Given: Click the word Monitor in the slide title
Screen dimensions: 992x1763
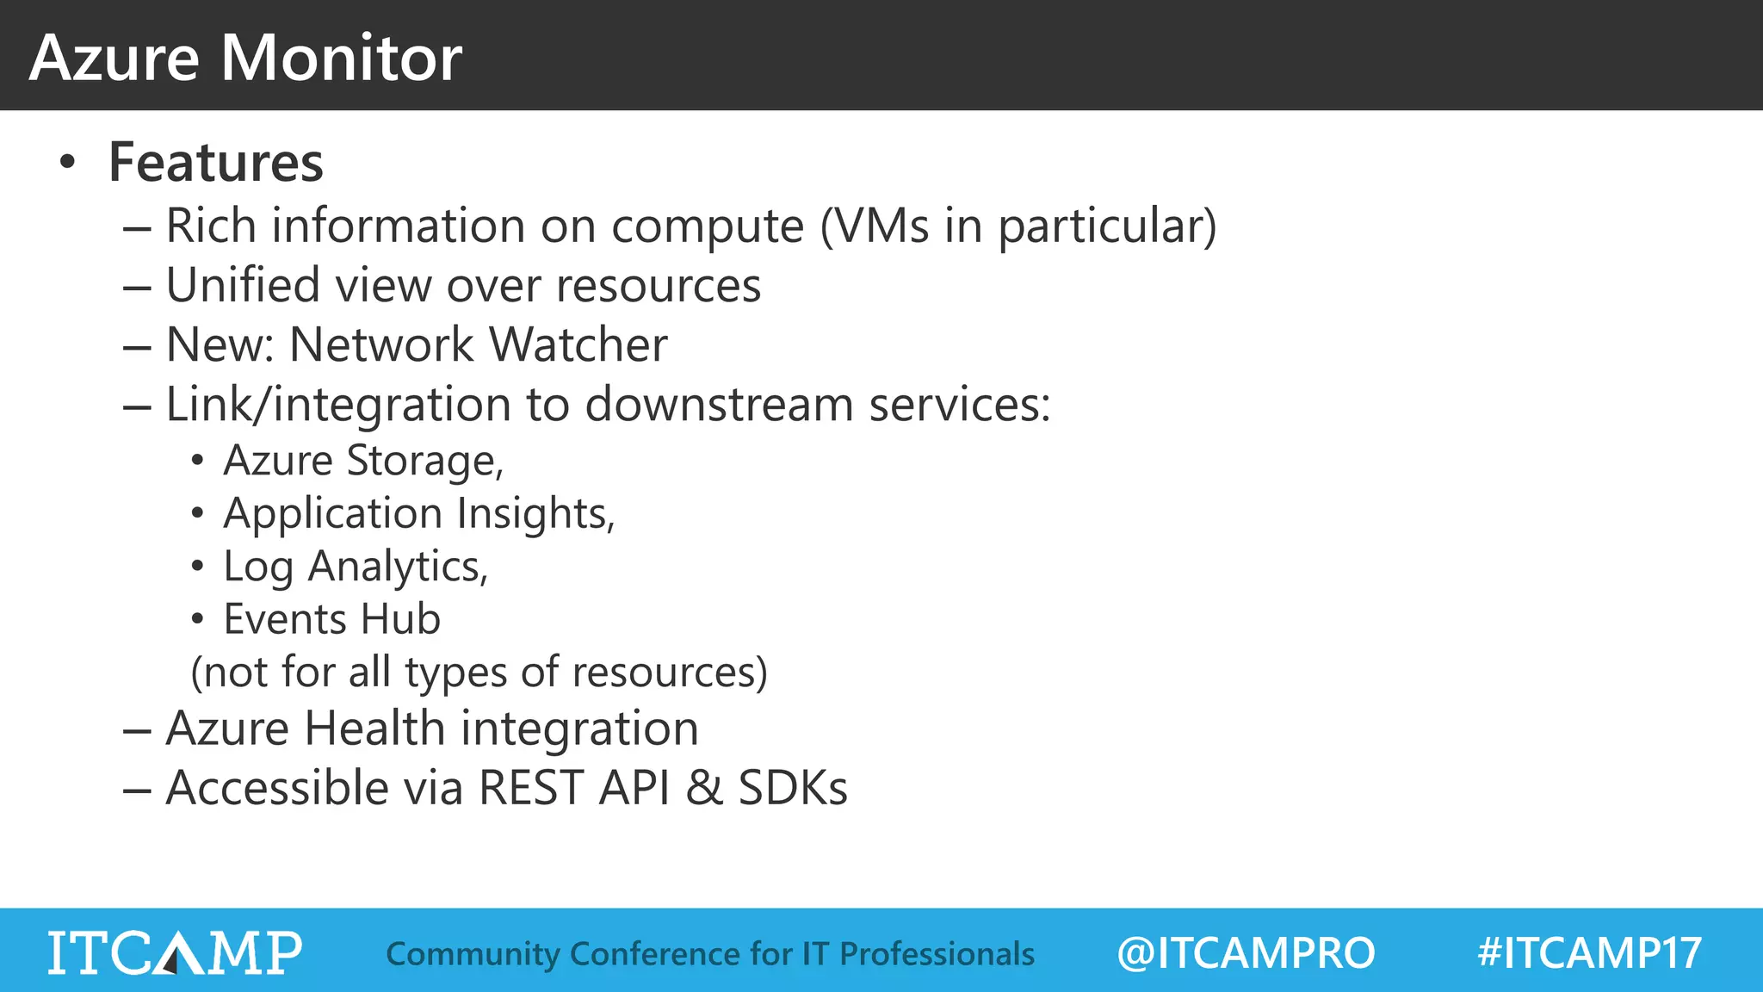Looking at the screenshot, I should [x=342, y=59].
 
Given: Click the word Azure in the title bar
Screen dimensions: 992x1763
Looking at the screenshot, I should [x=114, y=59].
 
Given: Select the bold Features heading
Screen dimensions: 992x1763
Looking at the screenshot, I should [x=215, y=162].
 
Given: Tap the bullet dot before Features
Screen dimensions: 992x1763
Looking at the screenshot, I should [x=68, y=162].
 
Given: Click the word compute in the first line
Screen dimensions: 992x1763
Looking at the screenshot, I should [x=708, y=226].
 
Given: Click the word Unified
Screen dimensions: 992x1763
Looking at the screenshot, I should [x=243, y=285].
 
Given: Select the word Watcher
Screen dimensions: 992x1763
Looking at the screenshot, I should [x=578, y=344].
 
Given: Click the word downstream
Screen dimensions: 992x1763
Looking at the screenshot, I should [x=720, y=404].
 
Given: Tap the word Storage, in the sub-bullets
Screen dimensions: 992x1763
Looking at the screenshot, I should [x=425, y=461].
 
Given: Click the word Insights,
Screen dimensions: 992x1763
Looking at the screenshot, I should [x=535, y=514].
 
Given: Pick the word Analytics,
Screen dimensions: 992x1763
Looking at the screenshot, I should [x=398, y=567].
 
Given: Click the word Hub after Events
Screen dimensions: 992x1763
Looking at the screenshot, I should [x=400, y=619].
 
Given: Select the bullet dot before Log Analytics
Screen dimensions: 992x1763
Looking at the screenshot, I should [x=198, y=567].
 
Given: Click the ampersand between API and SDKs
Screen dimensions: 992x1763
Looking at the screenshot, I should [x=704, y=788].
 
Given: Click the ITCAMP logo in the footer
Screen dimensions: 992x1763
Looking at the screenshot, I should [x=175, y=952].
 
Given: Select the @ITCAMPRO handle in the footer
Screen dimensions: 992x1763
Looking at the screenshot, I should [x=1246, y=953].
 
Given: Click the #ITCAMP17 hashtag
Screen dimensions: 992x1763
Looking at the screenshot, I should [x=1589, y=953].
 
